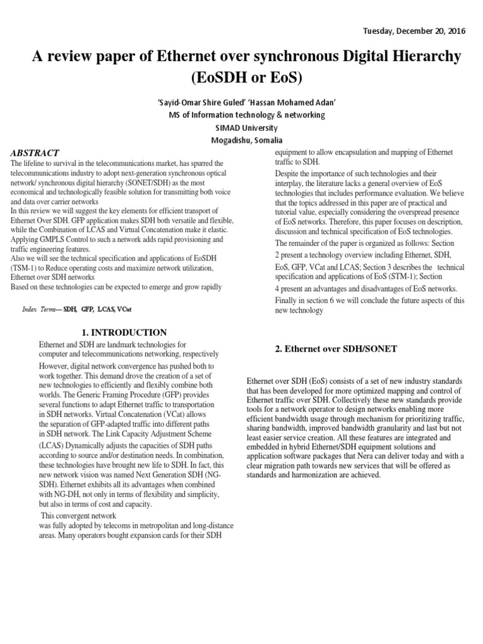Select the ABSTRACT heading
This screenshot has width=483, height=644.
(x=36, y=153)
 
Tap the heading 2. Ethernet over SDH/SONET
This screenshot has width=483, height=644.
(x=336, y=349)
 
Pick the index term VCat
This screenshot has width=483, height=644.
(x=125, y=310)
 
